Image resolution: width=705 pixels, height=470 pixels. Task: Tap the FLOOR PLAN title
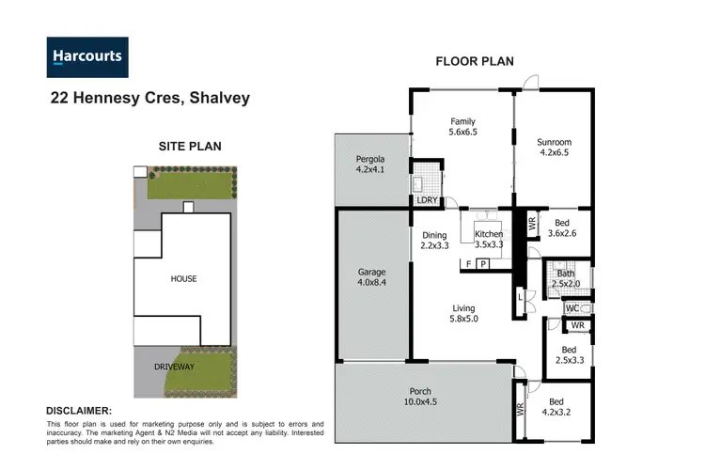pos(474,62)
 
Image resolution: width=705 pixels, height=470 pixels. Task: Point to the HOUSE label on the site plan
pos(183,279)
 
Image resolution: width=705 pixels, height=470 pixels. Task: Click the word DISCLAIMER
pos(79,411)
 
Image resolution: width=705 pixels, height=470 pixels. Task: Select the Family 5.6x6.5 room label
pos(462,127)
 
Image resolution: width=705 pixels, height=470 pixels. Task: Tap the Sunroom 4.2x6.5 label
pos(554,149)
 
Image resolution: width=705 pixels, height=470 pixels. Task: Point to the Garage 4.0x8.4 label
pos(372,278)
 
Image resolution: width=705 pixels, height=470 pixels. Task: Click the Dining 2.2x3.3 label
pos(434,241)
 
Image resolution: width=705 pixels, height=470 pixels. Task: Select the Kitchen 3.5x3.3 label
pos(489,240)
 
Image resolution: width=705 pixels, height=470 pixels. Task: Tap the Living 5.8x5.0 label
pos(462,314)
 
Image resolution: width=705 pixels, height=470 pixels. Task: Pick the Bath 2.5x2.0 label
pos(565,278)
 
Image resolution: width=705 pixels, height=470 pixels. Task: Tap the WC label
pos(572,308)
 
